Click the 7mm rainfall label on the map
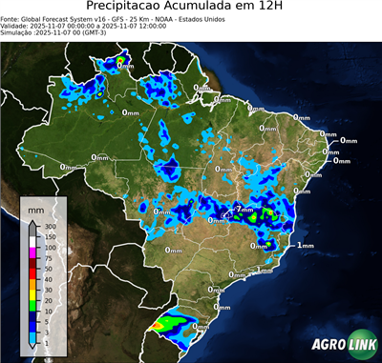pos(244,209)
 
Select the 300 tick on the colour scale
pos(50,227)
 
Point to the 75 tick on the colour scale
pos(48,258)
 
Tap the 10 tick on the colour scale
pos(48,311)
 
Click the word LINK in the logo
pos(358,345)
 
